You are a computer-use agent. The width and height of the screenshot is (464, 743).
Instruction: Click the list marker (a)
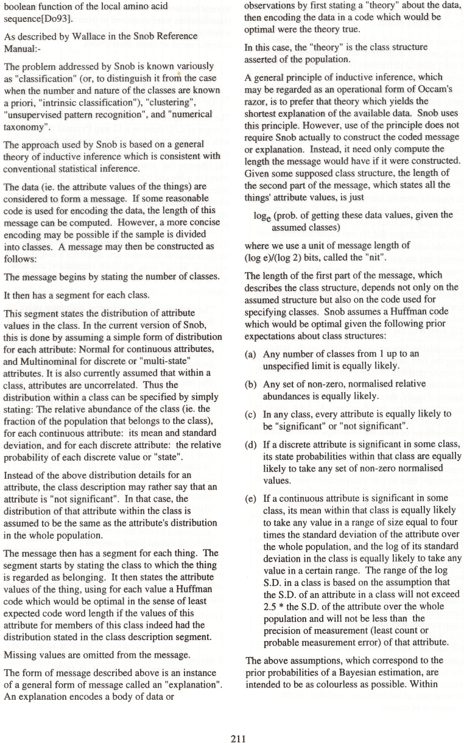[x=250, y=354]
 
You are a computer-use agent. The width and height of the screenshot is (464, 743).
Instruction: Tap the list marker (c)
[x=250, y=414]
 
